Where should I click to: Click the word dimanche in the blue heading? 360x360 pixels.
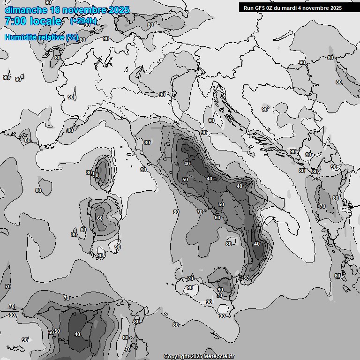pyautogui.click(x=25, y=10)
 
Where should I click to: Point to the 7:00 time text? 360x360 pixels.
pyautogui.click(x=15, y=21)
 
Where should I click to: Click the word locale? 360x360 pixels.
pyautogui.click(x=45, y=21)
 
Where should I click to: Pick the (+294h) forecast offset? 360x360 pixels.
pyautogui.click(x=83, y=21)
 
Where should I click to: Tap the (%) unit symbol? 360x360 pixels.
pyautogui.click(x=72, y=37)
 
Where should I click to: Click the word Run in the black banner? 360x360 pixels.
pyautogui.click(x=249, y=8)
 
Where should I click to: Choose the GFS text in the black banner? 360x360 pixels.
pyautogui.click(x=261, y=8)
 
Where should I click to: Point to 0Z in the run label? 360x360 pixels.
pyautogui.click(x=272, y=8)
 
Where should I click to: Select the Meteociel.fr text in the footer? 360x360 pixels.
pyautogui.click(x=218, y=356)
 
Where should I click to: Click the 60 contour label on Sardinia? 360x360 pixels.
pyautogui.click(x=99, y=218)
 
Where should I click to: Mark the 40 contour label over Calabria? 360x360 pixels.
pyautogui.click(x=256, y=244)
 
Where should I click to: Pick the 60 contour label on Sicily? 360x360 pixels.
pyautogui.click(x=220, y=290)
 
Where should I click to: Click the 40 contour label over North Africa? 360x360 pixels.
pyautogui.click(x=77, y=334)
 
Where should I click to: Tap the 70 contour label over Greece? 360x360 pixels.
pyautogui.click(x=322, y=206)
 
